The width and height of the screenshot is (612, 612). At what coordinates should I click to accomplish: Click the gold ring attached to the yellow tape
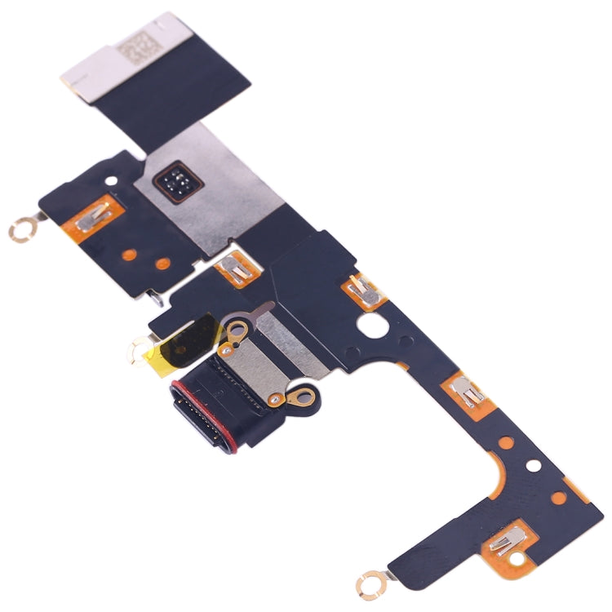(136, 352)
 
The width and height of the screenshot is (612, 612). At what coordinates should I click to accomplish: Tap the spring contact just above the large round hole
(361, 287)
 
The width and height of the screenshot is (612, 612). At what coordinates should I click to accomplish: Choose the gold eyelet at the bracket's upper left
(239, 330)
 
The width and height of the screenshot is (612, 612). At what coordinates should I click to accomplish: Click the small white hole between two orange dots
(533, 467)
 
